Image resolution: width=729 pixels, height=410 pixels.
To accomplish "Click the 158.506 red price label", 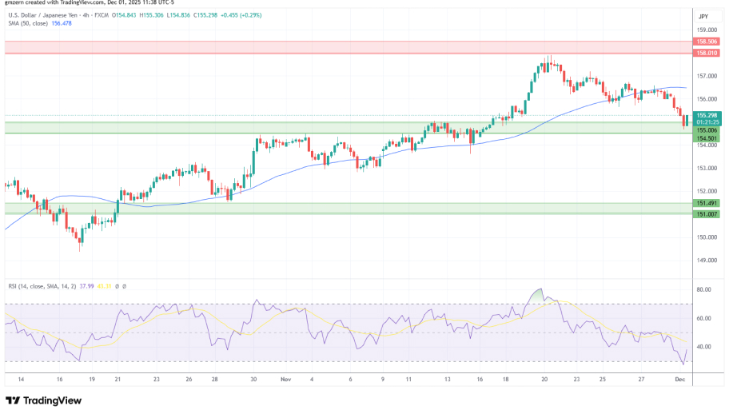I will (706, 41).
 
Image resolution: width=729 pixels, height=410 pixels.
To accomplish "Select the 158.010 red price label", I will (706, 53).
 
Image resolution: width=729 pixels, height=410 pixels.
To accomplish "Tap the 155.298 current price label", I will (706, 115).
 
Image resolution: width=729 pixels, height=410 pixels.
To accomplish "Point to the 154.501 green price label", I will (706, 137).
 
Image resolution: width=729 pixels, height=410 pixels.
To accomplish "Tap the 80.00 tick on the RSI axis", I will (704, 289).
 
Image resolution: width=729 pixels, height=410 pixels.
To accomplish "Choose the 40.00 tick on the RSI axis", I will (704, 347).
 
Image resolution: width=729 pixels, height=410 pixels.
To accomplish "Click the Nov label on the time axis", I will (285, 380).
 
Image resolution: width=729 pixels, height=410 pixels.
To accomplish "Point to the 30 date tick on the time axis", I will (254, 380).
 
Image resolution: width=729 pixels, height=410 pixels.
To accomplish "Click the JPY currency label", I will (703, 16).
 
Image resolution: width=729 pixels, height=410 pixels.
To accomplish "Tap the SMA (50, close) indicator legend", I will (40, 23).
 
